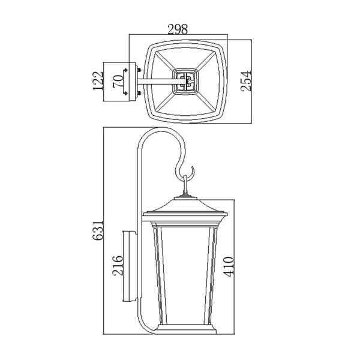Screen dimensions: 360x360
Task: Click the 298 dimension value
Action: pos(178,29)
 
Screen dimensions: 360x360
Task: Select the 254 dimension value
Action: pos(246,81)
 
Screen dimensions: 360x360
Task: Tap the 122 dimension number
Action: pos(98,81)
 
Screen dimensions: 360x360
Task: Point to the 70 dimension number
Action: pos(118,81)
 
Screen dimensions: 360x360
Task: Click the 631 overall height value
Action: pos(98,230)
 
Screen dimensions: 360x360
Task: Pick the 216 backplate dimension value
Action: pos(118,265)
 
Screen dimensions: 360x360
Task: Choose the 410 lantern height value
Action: pos(228,267)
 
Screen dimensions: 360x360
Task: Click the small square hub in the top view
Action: pos(185,81)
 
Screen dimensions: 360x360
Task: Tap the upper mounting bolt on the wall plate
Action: pos(139,70)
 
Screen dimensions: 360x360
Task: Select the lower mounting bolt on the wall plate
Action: pos(139,93)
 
